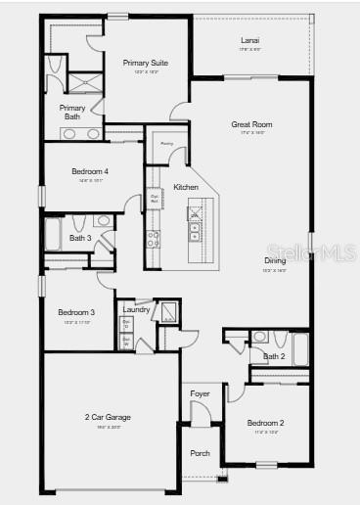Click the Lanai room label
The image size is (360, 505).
click(250, 40)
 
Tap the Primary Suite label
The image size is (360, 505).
click(146, 63)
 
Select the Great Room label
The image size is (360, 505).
click(251, 124)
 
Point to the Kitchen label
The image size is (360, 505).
click(186, 187)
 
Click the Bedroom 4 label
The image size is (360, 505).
click(90, 172)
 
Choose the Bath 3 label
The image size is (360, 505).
click(80, 238)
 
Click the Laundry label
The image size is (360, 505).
click(136, 310)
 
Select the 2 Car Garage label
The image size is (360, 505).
click(108, 417)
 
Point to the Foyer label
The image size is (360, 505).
click(200, 394)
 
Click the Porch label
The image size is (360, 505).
click(200, 453)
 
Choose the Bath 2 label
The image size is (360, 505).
click(274, 356)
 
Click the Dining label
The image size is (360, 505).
click(275, 260)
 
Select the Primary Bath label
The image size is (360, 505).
click(72, 112)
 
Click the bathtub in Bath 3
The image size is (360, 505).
click(53, 236)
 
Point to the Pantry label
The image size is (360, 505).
click(167, 144)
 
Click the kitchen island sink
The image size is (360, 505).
click(194, 232)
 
